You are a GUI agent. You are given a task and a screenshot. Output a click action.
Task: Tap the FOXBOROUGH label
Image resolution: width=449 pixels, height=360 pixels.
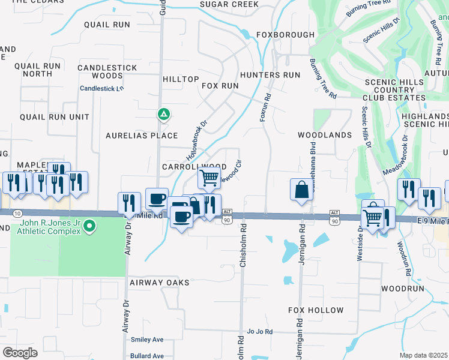pyautogui.click(x=285, y=35)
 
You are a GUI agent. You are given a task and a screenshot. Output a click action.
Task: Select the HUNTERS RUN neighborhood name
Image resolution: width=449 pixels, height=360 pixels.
pyautogui.click(x=270, y=75)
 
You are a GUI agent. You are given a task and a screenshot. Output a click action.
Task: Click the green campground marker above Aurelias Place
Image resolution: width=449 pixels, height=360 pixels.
pyautogui.click(x=163, y=113)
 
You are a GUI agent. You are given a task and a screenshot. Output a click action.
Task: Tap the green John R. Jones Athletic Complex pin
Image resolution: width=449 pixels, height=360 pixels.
pyautogui.click(x=89, y=226)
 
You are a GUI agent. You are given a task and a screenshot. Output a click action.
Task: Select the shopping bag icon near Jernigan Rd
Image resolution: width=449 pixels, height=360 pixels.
pyautogui.click(x=301, y=190)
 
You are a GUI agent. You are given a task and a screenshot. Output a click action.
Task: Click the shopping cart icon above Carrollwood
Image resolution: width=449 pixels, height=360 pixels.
pyautogui.click(x=208, y=177)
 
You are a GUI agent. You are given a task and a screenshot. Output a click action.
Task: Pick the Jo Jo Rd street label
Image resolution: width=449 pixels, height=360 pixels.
pyautogui.click(x=260, y=331)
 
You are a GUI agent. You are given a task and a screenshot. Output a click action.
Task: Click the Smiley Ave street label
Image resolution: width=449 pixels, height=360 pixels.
pyautogui.click(x=147, y=340)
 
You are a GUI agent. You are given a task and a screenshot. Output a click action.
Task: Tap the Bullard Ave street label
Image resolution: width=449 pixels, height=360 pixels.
pyautogui.click(x=147, y=356)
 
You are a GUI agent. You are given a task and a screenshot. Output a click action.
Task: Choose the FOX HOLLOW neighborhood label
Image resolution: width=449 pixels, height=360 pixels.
pyautogui.click(x=316, y=310)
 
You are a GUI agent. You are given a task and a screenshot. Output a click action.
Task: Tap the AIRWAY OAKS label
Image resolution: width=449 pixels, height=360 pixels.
pyautogui.click(x=159, y=282)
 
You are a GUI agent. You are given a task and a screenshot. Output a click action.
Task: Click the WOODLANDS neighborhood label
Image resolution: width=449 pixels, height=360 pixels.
pyautogui.click(x=325, y=135)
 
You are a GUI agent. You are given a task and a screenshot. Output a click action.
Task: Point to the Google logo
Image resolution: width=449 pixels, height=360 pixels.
pyautogui.click(x=20, y=353)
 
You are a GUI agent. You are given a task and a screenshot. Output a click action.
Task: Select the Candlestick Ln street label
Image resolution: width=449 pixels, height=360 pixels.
pyautogui.click(x=101, y=88)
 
